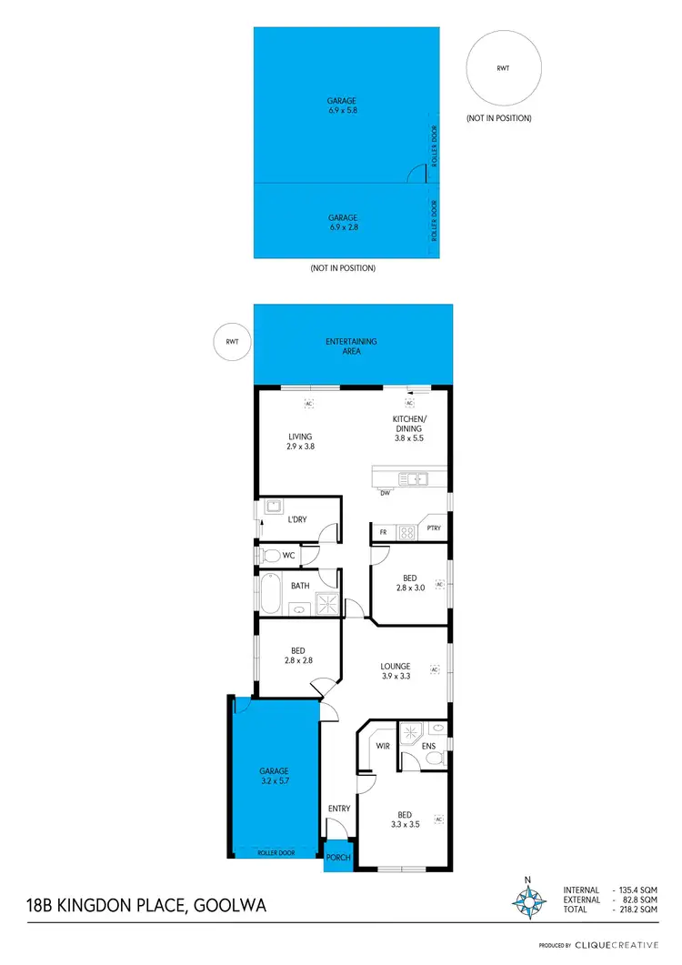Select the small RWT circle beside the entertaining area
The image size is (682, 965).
232,341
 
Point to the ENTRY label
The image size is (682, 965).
338,809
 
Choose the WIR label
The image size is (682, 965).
383,746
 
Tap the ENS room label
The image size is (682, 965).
428,747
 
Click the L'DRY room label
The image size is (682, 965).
296,519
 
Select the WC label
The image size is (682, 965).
289,554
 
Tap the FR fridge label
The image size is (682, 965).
384,531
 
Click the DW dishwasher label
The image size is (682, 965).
385,494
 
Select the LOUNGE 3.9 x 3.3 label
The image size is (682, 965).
396,671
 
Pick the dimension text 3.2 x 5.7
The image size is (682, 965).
274,780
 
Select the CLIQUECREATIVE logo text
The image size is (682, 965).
620,946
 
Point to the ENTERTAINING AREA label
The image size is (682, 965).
351,346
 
